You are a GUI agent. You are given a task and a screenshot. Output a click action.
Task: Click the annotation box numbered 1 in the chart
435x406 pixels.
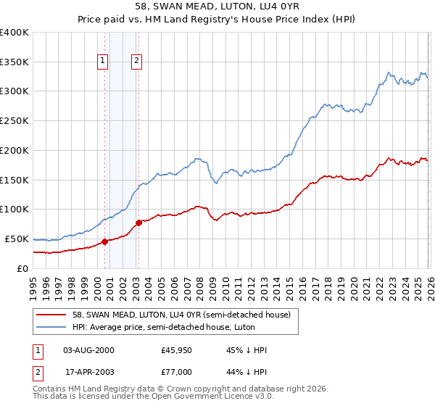103,62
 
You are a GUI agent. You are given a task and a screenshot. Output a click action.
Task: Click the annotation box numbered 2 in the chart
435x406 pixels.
136,62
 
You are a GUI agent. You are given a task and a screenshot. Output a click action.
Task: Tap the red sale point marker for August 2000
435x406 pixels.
104,241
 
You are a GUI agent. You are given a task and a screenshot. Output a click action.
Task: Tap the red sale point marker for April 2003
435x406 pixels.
138,223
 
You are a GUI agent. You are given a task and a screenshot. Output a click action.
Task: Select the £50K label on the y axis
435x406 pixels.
17,239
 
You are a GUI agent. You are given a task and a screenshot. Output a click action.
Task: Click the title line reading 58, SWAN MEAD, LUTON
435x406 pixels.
217,7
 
